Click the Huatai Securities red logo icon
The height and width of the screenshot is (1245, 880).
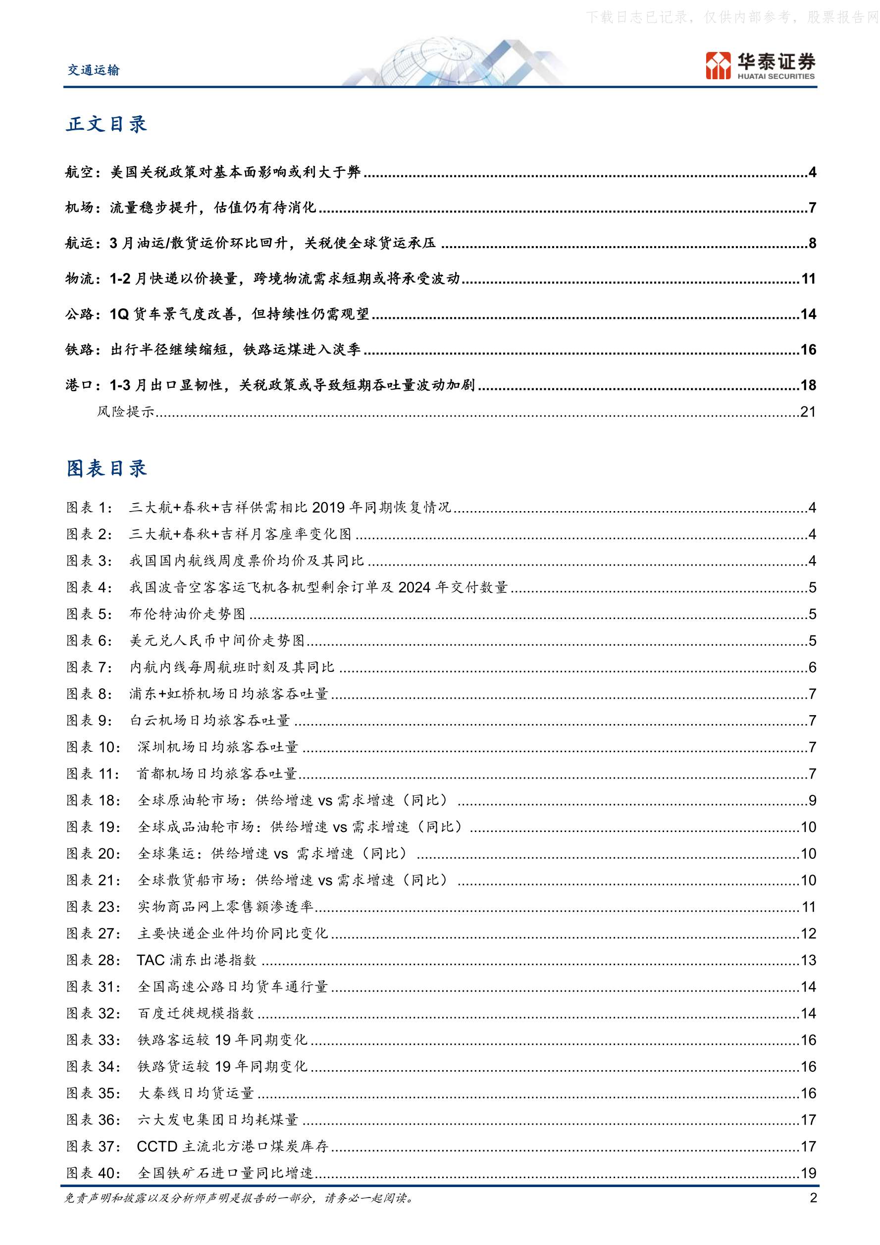pyautogui.click(x=718, y=65)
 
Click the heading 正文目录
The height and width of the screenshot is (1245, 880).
pyautogui.click(x=106, y=124)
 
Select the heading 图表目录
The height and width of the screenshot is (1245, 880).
pyautogui.click(x=106, y=468)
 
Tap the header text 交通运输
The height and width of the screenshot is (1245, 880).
pyautogui.click(x=93, y=70)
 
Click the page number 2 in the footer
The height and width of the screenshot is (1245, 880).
pyautogui.click(x=813, y=1197)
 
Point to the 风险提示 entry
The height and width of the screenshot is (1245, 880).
pyautogui.click(x=126, y=412)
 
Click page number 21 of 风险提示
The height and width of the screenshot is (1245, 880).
pyautogui.click(x=808, y=412)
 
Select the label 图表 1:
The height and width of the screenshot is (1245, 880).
pyautogui.click(x=90, y=507)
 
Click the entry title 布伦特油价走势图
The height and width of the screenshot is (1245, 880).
pyautogui.click(x=188, y=613)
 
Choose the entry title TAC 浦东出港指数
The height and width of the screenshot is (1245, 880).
pyautogui.click(x=196, y=960)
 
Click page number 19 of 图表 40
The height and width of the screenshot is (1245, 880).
pyautogui.click(x=808, y=1173)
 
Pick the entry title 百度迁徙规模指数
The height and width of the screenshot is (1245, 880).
pyautogui.click(x=196, y=1013)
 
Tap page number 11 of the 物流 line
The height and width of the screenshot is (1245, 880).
pyautogui.click(x=808, y=279)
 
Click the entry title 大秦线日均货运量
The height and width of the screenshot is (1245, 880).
pyautogui.click(x=196, y=1092)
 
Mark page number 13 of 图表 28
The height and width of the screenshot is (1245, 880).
pyautogui.click(x=808, y=960)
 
